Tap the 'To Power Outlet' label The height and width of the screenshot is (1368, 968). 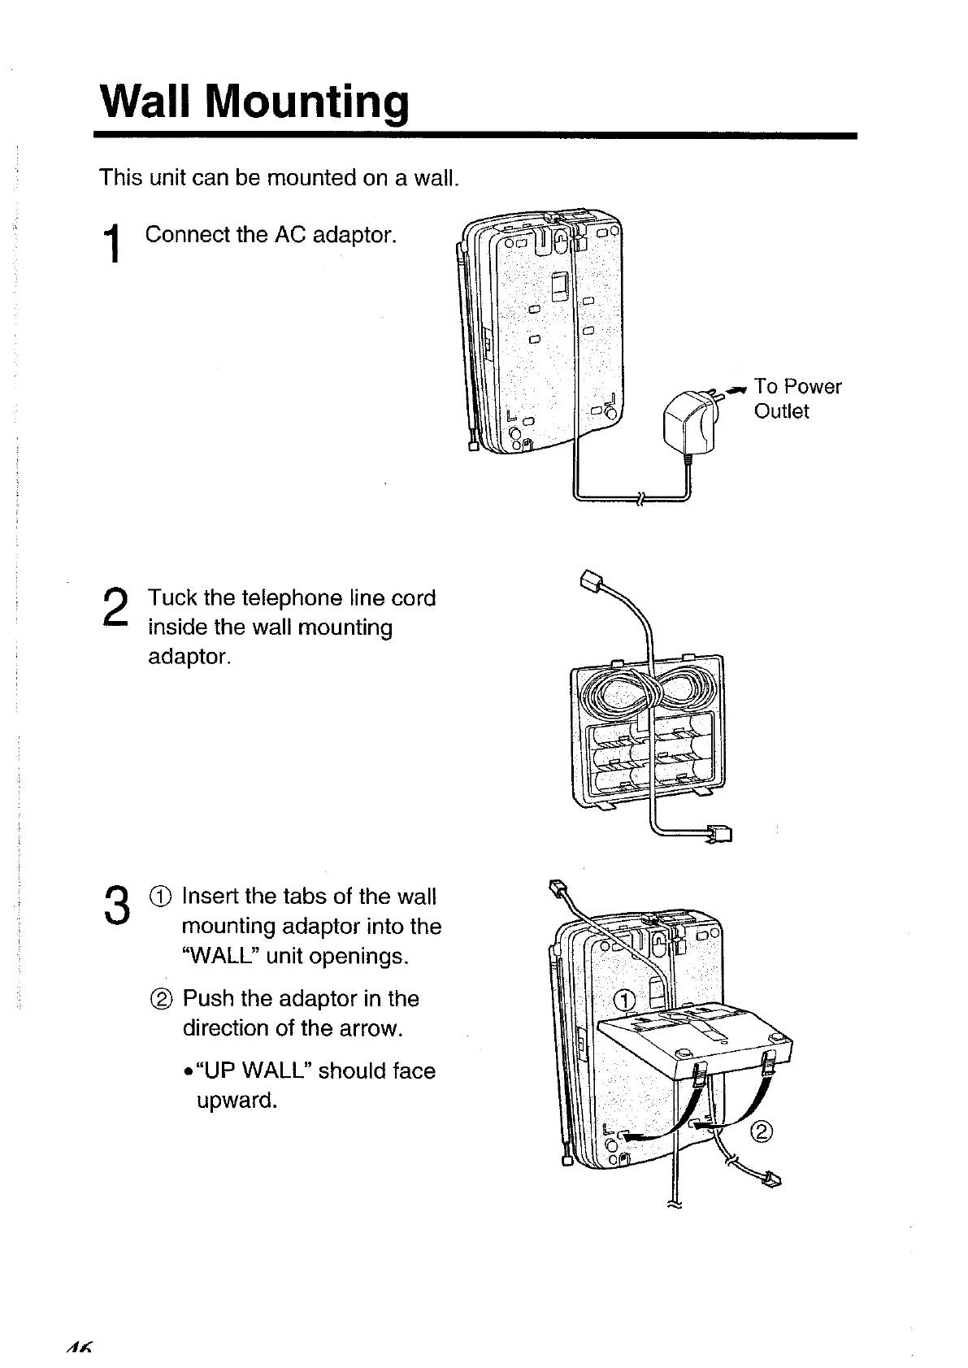pos(797,398)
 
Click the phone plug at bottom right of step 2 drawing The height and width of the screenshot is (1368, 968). pos(719,832)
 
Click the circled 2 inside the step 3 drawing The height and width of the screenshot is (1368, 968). pos(763,1131)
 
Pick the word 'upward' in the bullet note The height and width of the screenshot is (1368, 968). pos(237,1101)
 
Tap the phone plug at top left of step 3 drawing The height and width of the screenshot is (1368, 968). pos(558,888)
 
